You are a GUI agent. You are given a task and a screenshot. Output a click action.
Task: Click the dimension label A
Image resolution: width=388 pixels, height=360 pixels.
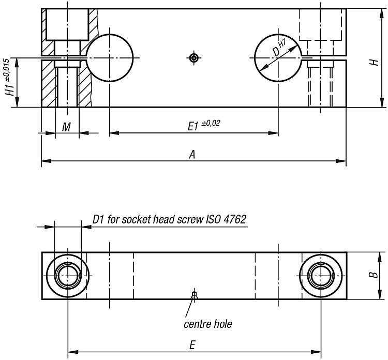[x=192, y=155]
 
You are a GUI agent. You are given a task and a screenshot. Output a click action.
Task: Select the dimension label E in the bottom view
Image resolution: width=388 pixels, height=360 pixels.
[x=192, y=345]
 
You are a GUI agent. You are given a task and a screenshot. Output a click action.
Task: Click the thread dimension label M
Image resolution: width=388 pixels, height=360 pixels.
[x=66, y=127]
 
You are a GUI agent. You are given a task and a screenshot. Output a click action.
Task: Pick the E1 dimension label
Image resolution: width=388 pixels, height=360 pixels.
[x=193, y=127]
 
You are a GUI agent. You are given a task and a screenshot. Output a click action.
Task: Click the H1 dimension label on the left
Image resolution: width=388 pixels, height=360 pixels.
[x=10, y=89]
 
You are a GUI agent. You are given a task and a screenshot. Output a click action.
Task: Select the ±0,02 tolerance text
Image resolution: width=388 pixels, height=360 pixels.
[x=211, y=123]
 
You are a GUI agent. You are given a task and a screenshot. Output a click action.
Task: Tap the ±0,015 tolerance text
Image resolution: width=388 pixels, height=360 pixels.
[x=7, y=70]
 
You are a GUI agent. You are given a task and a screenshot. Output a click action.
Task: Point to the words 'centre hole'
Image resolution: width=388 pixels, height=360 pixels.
[x=208, y=324]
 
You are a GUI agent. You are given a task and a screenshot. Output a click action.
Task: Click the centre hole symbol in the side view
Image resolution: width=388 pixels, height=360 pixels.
[x=194, y=58]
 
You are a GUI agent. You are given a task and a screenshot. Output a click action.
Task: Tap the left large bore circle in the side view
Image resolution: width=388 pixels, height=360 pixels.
[x=110, y=34]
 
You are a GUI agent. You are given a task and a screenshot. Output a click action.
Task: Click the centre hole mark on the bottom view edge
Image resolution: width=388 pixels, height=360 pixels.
[x=194, y=296]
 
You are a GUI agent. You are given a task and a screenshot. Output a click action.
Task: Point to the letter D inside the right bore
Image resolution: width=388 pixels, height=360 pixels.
[x=276, y=52]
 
